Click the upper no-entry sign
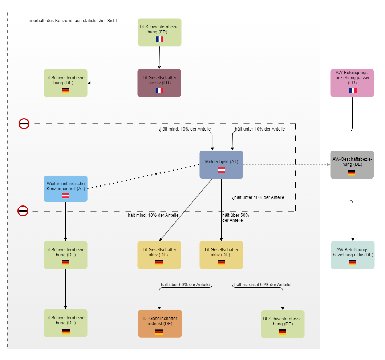[x=24, y=124]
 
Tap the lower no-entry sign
[x=23, y=211]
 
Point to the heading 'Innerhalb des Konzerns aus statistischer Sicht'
[x=72, y=21]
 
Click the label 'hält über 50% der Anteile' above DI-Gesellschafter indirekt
[x=185, y=284]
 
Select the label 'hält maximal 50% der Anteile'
[x=262, y=284]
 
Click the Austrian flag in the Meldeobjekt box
[x=221, y=170]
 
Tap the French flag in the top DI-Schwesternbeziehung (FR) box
[x=160, y=39]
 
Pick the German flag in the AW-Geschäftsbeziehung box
[x=352, y=173]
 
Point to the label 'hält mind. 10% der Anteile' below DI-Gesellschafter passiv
[x=186, y=129]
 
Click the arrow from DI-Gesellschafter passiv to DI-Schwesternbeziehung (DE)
[x=113, y=83]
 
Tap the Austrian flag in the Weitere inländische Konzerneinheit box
[x=65, y=195]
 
